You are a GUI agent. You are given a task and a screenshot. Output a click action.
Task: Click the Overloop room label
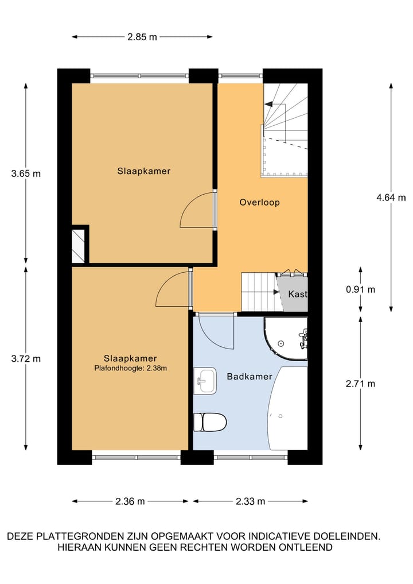[x=259, y=202]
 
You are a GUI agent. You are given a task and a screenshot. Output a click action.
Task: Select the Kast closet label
[x=298, y=294]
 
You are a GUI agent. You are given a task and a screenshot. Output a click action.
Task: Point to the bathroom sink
[x=205, y=381]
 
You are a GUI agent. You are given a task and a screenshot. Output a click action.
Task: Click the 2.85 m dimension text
[x=142, y=37]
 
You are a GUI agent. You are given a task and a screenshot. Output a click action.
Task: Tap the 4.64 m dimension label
[x=391, y=198]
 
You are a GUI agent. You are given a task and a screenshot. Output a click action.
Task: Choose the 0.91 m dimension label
[x=360, y=289]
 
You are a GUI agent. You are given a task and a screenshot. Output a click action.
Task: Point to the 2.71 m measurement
[x=360, y=384]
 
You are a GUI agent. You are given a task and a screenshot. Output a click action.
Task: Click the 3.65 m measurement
[x=26, y=173]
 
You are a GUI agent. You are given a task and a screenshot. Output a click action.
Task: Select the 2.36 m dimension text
[x=130, y=501]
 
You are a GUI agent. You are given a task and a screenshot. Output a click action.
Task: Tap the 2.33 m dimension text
[x=250, y=501]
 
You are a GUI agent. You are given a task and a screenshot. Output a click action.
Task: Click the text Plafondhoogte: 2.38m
[x=130, y=369]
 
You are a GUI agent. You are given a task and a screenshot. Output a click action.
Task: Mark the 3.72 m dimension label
[x=26, y=358]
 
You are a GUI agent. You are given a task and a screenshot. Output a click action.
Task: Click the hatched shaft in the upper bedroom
[x=78, y=246]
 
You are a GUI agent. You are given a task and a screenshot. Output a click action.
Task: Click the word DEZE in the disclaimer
[x=21, y=536]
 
